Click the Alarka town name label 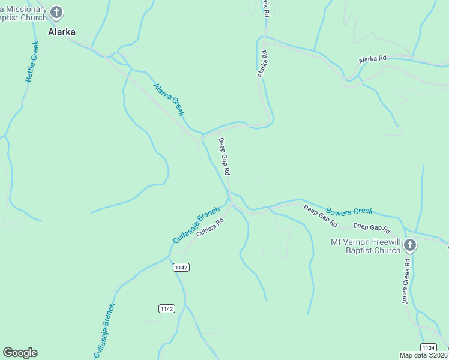(62, 32)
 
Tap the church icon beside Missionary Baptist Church (56, 12)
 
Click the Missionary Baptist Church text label (23, 13)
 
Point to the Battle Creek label (32, 61)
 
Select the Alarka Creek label (169, 100)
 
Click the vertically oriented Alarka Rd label (262, 64)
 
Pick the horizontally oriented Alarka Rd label (373, 59)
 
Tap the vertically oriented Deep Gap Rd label (224, 156)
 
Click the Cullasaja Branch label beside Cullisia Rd (196, 226)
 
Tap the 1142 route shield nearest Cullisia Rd (181, 267)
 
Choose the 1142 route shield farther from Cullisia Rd (167, 308)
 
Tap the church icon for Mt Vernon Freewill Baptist (410, 245)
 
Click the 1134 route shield (428, 348)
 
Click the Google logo (20, 353)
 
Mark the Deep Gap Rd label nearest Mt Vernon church (372, 227)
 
